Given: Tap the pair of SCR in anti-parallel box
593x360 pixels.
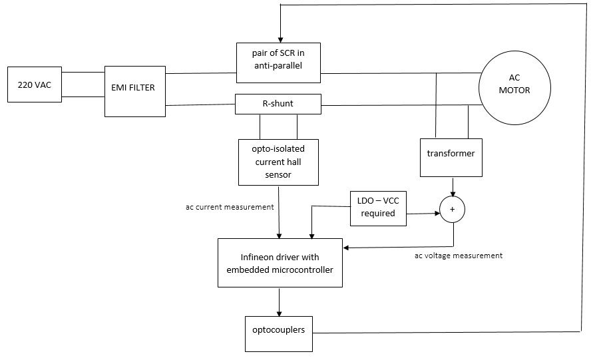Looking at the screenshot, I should click(278, 59).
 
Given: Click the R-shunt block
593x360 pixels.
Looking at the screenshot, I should click(278, 104).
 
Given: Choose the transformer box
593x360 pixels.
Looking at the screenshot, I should click(451, 157).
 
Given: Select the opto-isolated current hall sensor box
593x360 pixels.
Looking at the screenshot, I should click(278, 162).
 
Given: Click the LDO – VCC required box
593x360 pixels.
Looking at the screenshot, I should click(378, 208).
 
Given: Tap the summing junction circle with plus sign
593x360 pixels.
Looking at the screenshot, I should click(453, 209).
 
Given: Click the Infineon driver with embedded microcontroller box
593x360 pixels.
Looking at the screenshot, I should click(280, 263).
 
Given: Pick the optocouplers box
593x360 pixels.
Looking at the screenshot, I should click(278, 329).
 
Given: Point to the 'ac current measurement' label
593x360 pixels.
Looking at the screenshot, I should click(230, 207).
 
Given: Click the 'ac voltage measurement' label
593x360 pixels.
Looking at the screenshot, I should click(458, 255).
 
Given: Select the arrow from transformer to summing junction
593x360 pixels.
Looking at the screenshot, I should click(453, 187).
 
